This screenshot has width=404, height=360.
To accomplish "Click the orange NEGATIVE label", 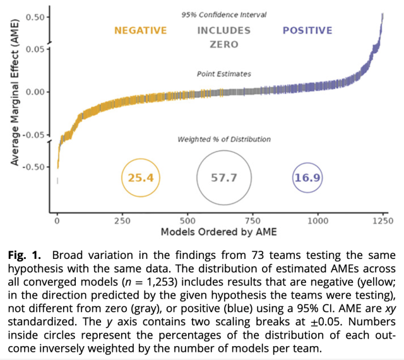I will [140, 30].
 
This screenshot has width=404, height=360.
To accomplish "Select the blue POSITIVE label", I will [307, 30].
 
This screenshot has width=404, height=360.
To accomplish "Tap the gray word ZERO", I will [224, 44].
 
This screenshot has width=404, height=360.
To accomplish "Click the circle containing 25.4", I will [141, 177].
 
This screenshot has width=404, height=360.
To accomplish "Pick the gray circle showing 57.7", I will [224, 178].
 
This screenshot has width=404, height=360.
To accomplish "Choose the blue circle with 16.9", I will [307, 177].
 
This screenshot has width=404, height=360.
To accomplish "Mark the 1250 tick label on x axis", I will [383, 220].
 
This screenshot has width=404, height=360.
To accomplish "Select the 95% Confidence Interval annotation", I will [224, 15].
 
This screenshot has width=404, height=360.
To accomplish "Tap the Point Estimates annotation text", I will [224, 74].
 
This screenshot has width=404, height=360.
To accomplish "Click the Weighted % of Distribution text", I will [224, 139].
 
